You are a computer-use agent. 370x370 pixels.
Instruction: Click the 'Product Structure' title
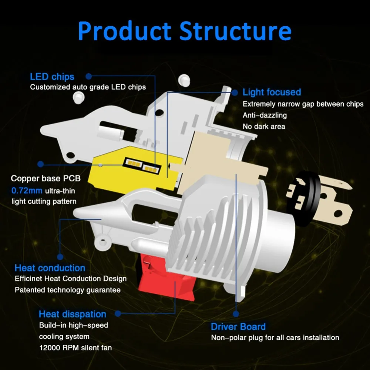184,31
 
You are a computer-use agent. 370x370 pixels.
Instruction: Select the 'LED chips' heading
52,77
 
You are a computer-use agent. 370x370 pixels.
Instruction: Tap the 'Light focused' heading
272,92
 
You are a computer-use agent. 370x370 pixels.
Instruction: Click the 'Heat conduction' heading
50,268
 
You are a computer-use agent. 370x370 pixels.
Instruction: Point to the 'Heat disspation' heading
73,314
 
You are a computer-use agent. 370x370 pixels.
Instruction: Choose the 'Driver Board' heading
238,327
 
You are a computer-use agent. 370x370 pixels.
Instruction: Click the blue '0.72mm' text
27,191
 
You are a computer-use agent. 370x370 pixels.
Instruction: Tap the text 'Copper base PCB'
46,179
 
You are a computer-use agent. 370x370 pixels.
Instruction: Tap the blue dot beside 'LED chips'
89,77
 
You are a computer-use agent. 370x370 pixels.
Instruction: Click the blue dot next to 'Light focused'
235,92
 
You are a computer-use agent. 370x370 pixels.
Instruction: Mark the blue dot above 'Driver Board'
236,314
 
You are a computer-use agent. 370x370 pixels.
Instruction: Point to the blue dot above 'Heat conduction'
60,255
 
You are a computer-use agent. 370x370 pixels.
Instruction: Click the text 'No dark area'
264,127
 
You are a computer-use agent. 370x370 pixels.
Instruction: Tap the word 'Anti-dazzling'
265,115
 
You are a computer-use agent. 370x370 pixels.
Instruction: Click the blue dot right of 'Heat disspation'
118,314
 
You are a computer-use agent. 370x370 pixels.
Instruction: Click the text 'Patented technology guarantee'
68,290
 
